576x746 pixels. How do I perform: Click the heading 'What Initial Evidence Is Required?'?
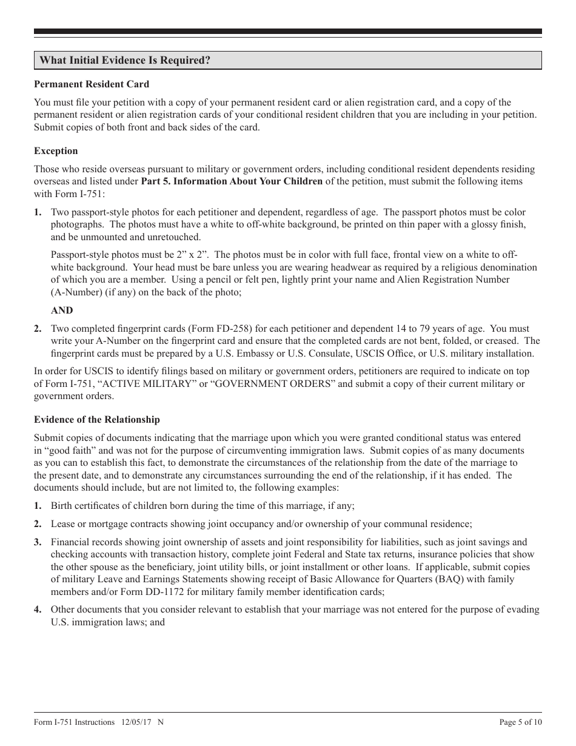tap(126, 61)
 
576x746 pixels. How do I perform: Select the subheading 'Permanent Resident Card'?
tap(92, 84)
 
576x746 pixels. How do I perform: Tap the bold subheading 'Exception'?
tap(56, 151)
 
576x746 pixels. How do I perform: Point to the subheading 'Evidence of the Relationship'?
tap(97, 419)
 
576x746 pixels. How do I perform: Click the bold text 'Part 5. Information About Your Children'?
tap(232, 181)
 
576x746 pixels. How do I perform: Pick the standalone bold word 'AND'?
tap(62, 311)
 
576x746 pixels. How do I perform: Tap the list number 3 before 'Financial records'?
tap(38, 542)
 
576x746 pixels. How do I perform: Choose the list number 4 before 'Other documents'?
tap(38, 610)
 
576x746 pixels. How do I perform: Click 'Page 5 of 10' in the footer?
tap(520, 722)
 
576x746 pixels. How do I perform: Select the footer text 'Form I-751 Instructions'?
tap(74, 722)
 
